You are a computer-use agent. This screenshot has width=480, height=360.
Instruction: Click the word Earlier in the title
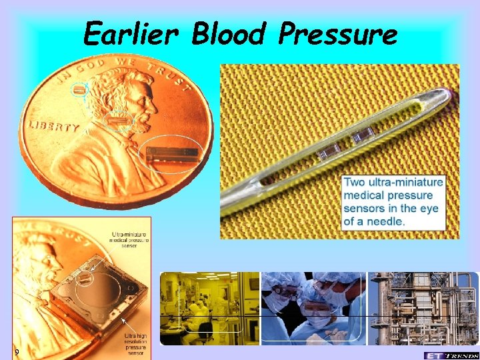tap(131, 33)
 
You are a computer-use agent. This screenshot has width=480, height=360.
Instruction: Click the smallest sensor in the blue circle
tap(80, 89)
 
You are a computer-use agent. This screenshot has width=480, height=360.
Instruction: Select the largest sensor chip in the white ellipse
tap(173, 154)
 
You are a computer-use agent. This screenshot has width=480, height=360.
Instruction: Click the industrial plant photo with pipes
tap(423, 307)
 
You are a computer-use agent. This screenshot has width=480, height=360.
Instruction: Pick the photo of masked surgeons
tap(313, 307)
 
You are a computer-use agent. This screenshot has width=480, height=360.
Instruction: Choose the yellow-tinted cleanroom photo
tap(209, 307)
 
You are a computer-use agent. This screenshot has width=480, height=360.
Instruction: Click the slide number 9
tap(17, 352)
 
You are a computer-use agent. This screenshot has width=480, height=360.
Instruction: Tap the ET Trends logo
tap(451, 355)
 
